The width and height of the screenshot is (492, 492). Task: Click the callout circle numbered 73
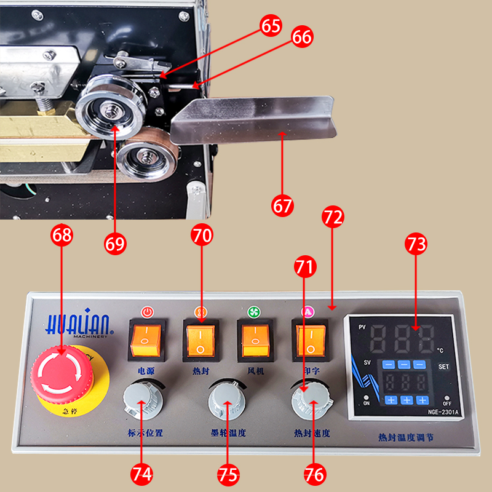416,244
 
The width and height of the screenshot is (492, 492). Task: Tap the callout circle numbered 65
271,26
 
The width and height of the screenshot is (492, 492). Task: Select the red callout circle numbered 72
333,217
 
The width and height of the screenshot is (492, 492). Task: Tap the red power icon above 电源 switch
146,312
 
